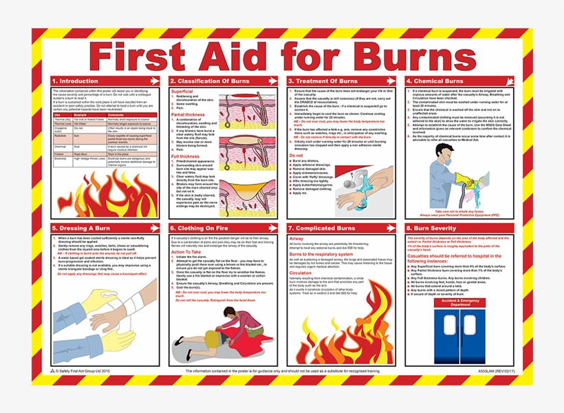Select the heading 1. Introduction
coord(78,81)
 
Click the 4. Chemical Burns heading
coord(437,81)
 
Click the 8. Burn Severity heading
coord(435,228)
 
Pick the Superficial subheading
coord(182,91)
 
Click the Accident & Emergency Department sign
coord(461,303)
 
